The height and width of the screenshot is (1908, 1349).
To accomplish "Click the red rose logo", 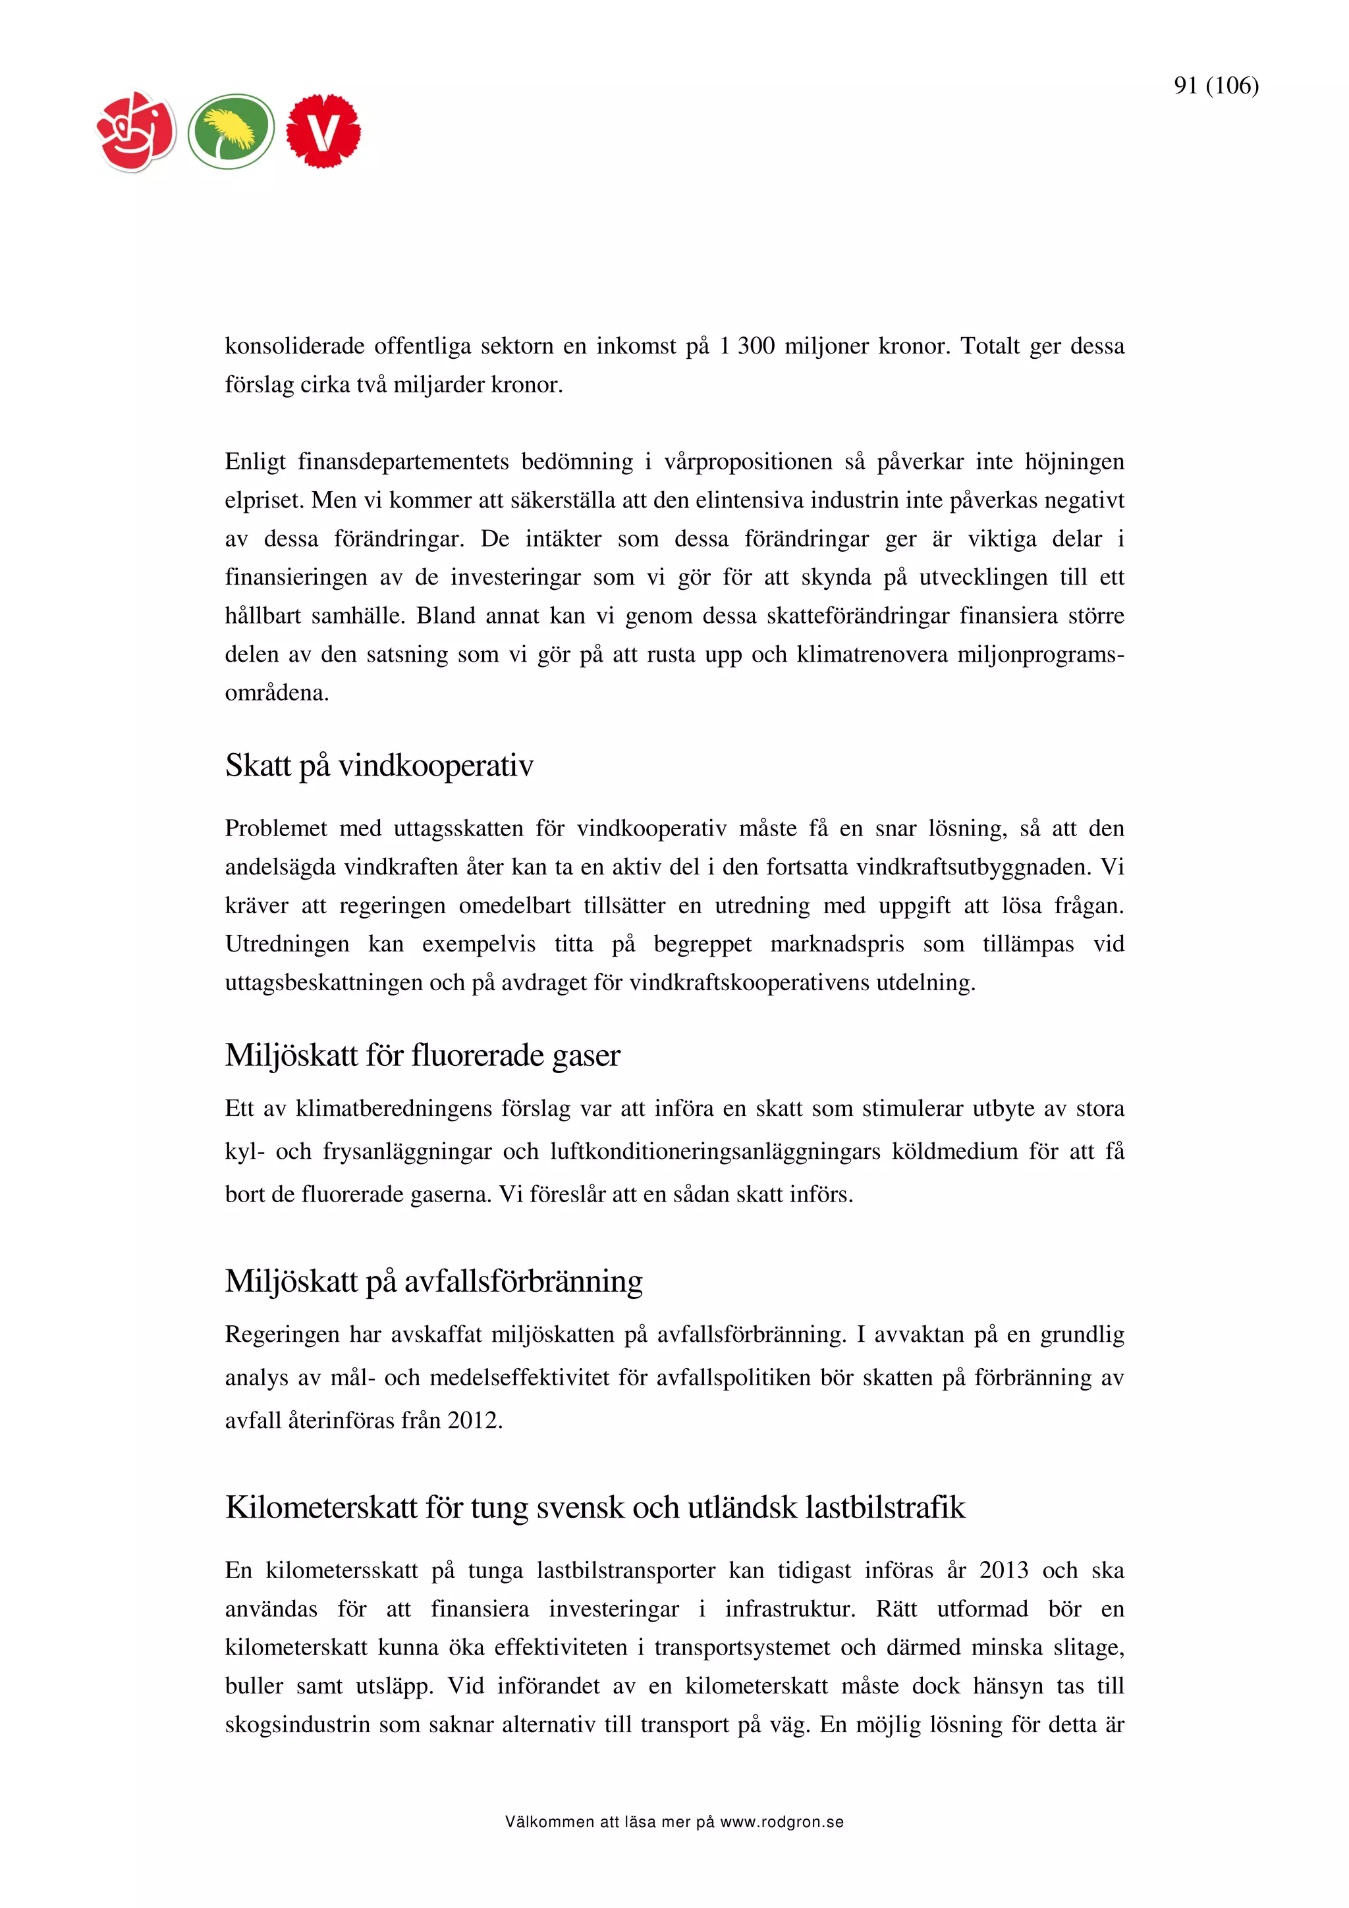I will click(x=136, y=131).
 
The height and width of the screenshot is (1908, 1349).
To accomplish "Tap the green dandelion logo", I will click(x=231, y=131).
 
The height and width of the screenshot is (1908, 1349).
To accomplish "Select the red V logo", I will click(x=323, y=131).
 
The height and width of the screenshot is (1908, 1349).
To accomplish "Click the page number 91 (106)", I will click(x=1215, y=86).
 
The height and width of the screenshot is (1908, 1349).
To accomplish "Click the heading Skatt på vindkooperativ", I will click(x=379, y=765).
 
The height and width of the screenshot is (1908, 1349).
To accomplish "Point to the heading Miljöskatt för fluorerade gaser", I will click(x=422, y=1055).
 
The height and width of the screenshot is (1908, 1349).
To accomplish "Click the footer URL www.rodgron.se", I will click(x=781, y=1822).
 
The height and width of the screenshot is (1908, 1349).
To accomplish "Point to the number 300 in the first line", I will click(x=756, y=346).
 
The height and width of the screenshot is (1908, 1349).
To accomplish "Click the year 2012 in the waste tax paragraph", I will click(x=474, y=1420).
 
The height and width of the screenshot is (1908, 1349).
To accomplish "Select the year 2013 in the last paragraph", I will click(x=1003, y=1570).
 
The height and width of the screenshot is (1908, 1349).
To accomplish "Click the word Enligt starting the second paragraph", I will click(x=255, y=462).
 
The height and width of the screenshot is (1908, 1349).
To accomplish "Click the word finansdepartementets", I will click(x=403, y=462).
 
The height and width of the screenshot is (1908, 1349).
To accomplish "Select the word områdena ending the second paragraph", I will click(x=276, y=693).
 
